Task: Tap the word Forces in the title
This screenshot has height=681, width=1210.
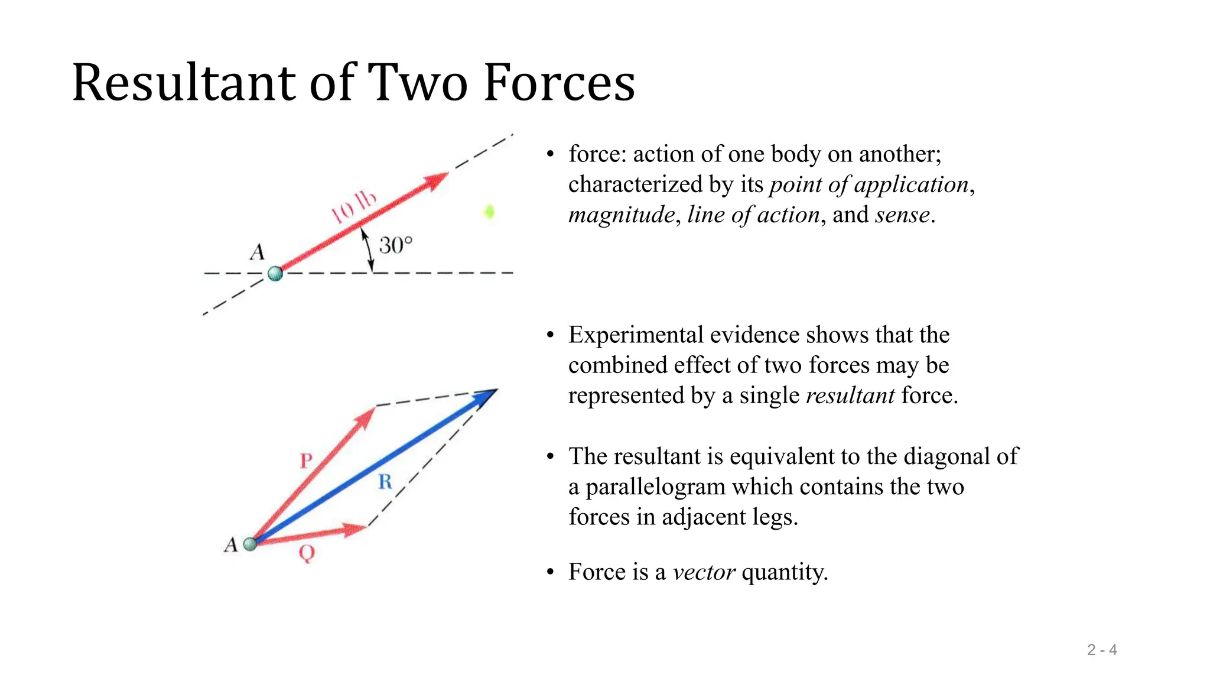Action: click(559, 83)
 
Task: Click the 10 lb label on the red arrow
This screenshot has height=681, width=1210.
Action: click(353, 207)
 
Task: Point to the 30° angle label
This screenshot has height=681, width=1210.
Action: click(395, 245)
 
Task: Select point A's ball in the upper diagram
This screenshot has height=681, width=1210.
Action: click(275, 274)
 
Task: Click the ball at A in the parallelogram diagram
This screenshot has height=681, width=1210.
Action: click(251, 544)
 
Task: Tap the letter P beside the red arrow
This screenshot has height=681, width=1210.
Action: click(305, 461)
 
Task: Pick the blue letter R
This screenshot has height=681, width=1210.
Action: click(385, 482)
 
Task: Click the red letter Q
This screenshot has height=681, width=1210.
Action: click(307, 553)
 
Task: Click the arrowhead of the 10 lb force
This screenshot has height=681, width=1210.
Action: click(437, 179)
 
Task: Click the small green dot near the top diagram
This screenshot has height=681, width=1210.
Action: click(489, 212)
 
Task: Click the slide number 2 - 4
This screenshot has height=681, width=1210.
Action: click(1102, 650)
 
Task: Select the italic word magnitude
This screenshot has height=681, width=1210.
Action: click(621, 215)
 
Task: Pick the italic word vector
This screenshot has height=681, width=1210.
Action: click(704, 572)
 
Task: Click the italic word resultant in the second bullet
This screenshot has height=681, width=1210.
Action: click(850, 395)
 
